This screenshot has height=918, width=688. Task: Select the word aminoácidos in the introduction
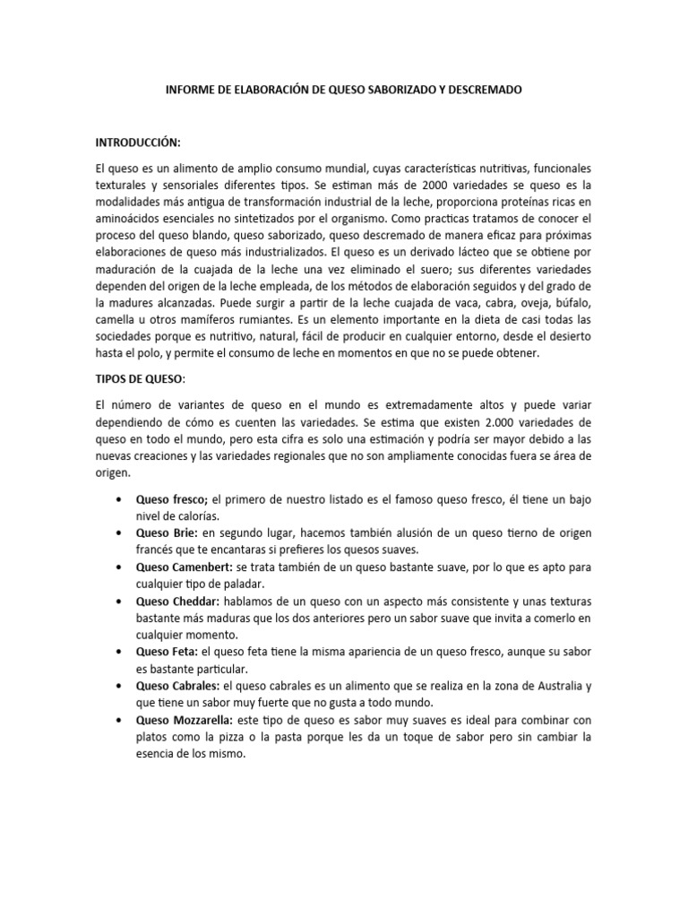[x=133, y=219]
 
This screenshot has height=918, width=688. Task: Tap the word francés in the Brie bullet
[x=158, y=550]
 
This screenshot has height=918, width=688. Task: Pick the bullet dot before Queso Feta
[x=118, y=653]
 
